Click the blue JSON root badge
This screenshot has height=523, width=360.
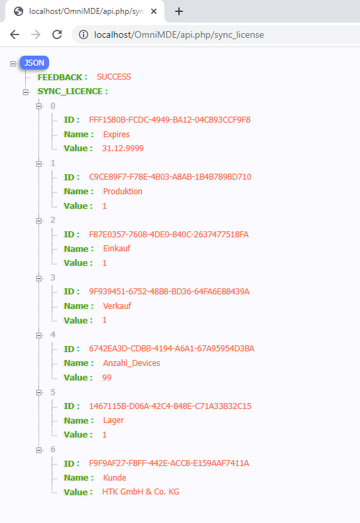(34, 63)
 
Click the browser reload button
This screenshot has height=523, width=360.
(57, 34)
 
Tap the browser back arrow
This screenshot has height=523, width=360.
(15, 34)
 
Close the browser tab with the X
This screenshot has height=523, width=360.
(154, 11)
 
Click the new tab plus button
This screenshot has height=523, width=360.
(179, 11)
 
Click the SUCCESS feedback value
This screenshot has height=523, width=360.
(114, 77)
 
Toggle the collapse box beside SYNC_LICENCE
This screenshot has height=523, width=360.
(26, 92)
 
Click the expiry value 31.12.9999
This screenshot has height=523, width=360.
(123, 148)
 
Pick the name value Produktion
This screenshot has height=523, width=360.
(123, 192)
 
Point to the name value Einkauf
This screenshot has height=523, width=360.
(117, 249)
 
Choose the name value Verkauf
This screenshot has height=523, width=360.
(117, 306)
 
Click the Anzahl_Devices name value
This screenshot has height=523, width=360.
(131, 363)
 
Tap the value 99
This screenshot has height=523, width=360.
(107, 378)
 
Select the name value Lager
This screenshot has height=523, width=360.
(113, 420)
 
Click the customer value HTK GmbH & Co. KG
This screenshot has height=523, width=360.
(141, 492)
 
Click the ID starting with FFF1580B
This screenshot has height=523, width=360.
(170, 120)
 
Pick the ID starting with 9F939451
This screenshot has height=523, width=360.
(169, 292)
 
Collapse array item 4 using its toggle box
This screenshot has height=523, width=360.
(39, 335)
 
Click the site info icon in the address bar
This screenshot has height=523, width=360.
(84, 34)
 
